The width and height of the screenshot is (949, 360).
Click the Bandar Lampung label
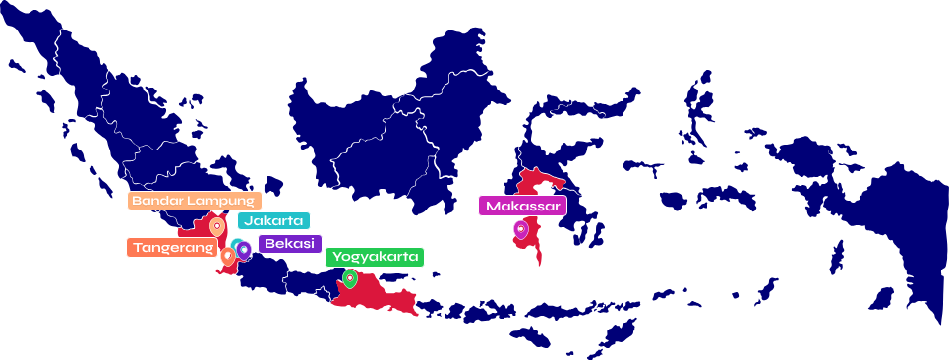(195, 201)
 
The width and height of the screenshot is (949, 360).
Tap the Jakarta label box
(273, 221)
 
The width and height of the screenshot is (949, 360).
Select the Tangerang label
(172, 247)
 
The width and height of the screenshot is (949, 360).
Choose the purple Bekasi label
(289, 244)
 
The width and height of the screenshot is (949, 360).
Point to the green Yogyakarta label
(375, 258)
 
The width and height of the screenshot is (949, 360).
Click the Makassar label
(522, 206)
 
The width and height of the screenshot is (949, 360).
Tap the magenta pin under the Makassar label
(521, 230)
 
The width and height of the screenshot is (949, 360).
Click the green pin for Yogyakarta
(349, 279)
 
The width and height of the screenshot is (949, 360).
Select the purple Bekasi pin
(244, 251)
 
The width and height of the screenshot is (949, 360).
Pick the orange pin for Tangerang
(228, 256)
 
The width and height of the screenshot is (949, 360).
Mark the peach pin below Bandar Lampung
(216, 226)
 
